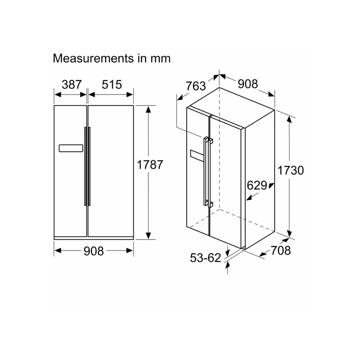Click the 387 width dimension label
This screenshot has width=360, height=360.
(72, 84)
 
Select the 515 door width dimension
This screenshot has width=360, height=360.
(112, 84)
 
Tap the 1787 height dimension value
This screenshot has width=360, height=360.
(150, 165)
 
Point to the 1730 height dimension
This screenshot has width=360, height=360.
(291, 170)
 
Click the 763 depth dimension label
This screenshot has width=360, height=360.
(196, 86)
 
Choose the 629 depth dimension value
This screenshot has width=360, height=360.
(257, 185)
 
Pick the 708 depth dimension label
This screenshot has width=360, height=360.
(281, 250)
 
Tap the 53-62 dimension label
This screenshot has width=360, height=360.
(205, 258)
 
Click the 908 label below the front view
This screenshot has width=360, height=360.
(94, 251)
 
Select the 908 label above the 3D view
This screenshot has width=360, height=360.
(248, 84)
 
